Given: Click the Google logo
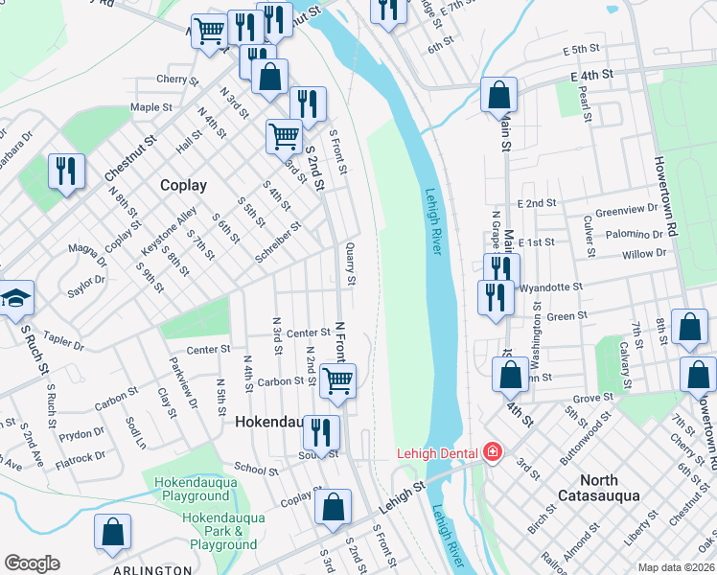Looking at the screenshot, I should [x=32, y=563].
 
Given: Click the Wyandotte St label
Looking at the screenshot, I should [x=551, y=287].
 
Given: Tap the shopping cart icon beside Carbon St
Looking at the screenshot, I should [x=337, y=380].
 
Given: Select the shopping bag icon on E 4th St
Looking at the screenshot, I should [x=498, y=94].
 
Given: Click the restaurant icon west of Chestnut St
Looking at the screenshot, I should [x=66, y=172].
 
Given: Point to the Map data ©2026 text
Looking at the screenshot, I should [x=675, y=567].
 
